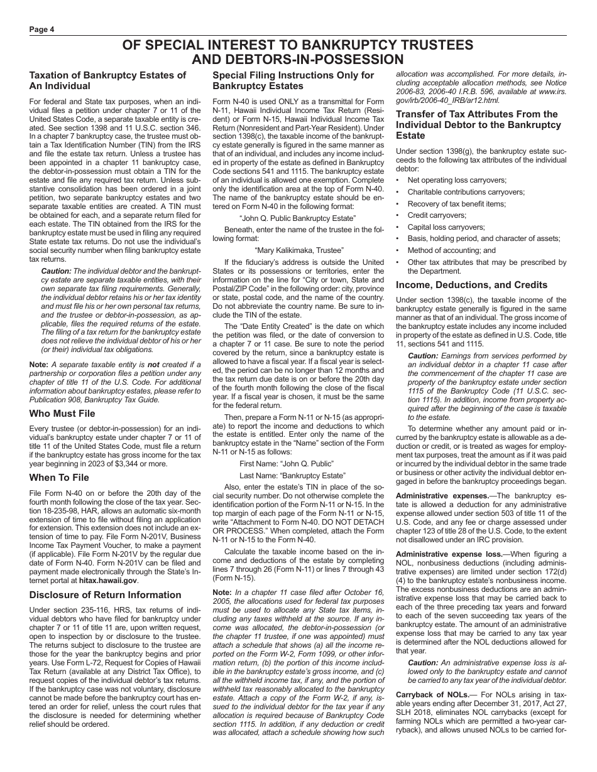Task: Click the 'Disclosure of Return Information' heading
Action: [x=105, y=594]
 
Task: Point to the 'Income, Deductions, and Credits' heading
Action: [x=471, y=284]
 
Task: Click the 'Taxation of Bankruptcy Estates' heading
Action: [x=107, y=75]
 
